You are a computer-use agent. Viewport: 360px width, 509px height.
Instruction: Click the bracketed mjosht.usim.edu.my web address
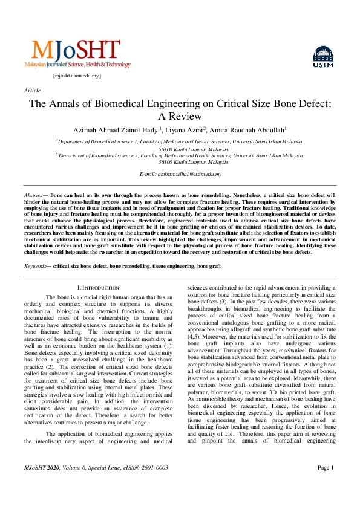point(77,76)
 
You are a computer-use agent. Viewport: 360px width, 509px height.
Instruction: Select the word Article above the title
point(32,90)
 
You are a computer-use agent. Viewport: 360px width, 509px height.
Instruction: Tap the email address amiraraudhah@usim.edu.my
point(189,174)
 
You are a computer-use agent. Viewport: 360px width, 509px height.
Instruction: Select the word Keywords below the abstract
point(35,266)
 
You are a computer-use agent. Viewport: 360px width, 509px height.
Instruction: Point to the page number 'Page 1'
point(326,484)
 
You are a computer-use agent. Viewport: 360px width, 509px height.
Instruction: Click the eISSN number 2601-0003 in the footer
point(153,485)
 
